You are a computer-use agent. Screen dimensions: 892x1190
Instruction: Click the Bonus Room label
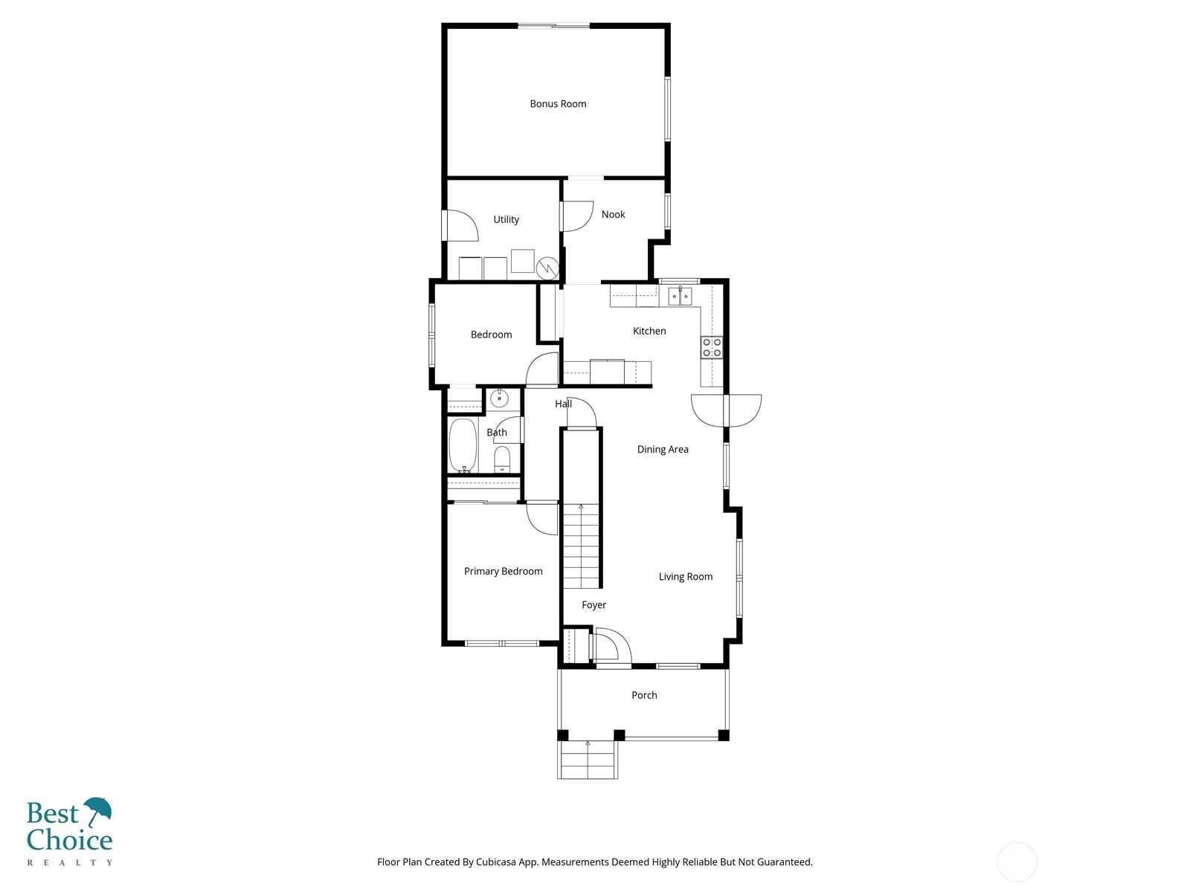558,104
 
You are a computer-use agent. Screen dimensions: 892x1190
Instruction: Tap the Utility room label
506,219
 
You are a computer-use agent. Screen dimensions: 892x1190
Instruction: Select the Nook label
613,214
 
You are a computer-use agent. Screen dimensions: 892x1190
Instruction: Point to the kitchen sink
680,296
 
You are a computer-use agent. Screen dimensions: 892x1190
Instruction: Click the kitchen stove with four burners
712,347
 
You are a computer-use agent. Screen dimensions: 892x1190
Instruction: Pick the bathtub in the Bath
463,445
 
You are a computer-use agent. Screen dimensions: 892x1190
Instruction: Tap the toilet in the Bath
502,459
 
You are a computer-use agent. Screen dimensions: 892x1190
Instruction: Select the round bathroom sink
498,398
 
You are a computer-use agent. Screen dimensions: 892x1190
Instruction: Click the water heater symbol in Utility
547,267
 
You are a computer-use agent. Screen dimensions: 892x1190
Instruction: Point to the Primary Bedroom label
503,571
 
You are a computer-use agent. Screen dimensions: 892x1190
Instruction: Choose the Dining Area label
662,449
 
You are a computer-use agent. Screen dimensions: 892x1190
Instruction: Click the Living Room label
685,576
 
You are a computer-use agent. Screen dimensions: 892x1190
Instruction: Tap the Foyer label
594,605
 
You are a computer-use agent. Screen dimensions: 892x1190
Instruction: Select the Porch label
644,695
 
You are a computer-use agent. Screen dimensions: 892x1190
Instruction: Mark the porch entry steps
588,760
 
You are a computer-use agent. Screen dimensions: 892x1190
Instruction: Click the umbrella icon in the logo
97,811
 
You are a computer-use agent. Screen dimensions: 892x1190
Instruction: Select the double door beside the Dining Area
726,410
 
